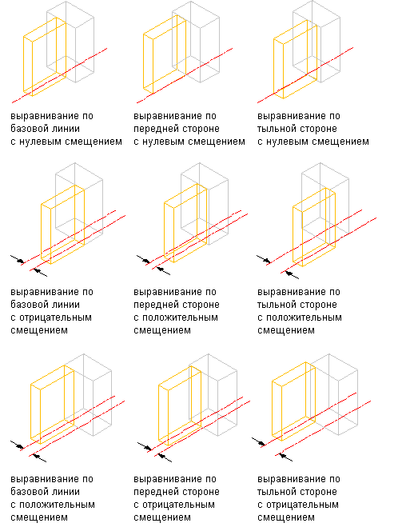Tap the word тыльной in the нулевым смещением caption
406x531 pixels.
tap(277, 129)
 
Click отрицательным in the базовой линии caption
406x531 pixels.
tap(55, 317)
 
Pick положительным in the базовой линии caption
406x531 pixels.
tap(57, 505)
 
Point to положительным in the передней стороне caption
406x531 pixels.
tap(180, 317)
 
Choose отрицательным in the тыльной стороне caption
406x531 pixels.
tap(302, 505)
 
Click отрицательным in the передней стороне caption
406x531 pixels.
tap(178, 505)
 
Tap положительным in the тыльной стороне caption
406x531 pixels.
tap(304, 317)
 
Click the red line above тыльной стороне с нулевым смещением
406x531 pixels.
tap(305, 75)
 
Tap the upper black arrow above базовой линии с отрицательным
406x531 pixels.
tap(18, 259)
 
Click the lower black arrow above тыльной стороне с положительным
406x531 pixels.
tap(293, 274)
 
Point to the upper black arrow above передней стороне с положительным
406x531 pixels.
tap(143, 259)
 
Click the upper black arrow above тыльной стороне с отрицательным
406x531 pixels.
tap(259, 441)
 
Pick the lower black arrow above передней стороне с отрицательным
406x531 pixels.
tap(165, 458)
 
